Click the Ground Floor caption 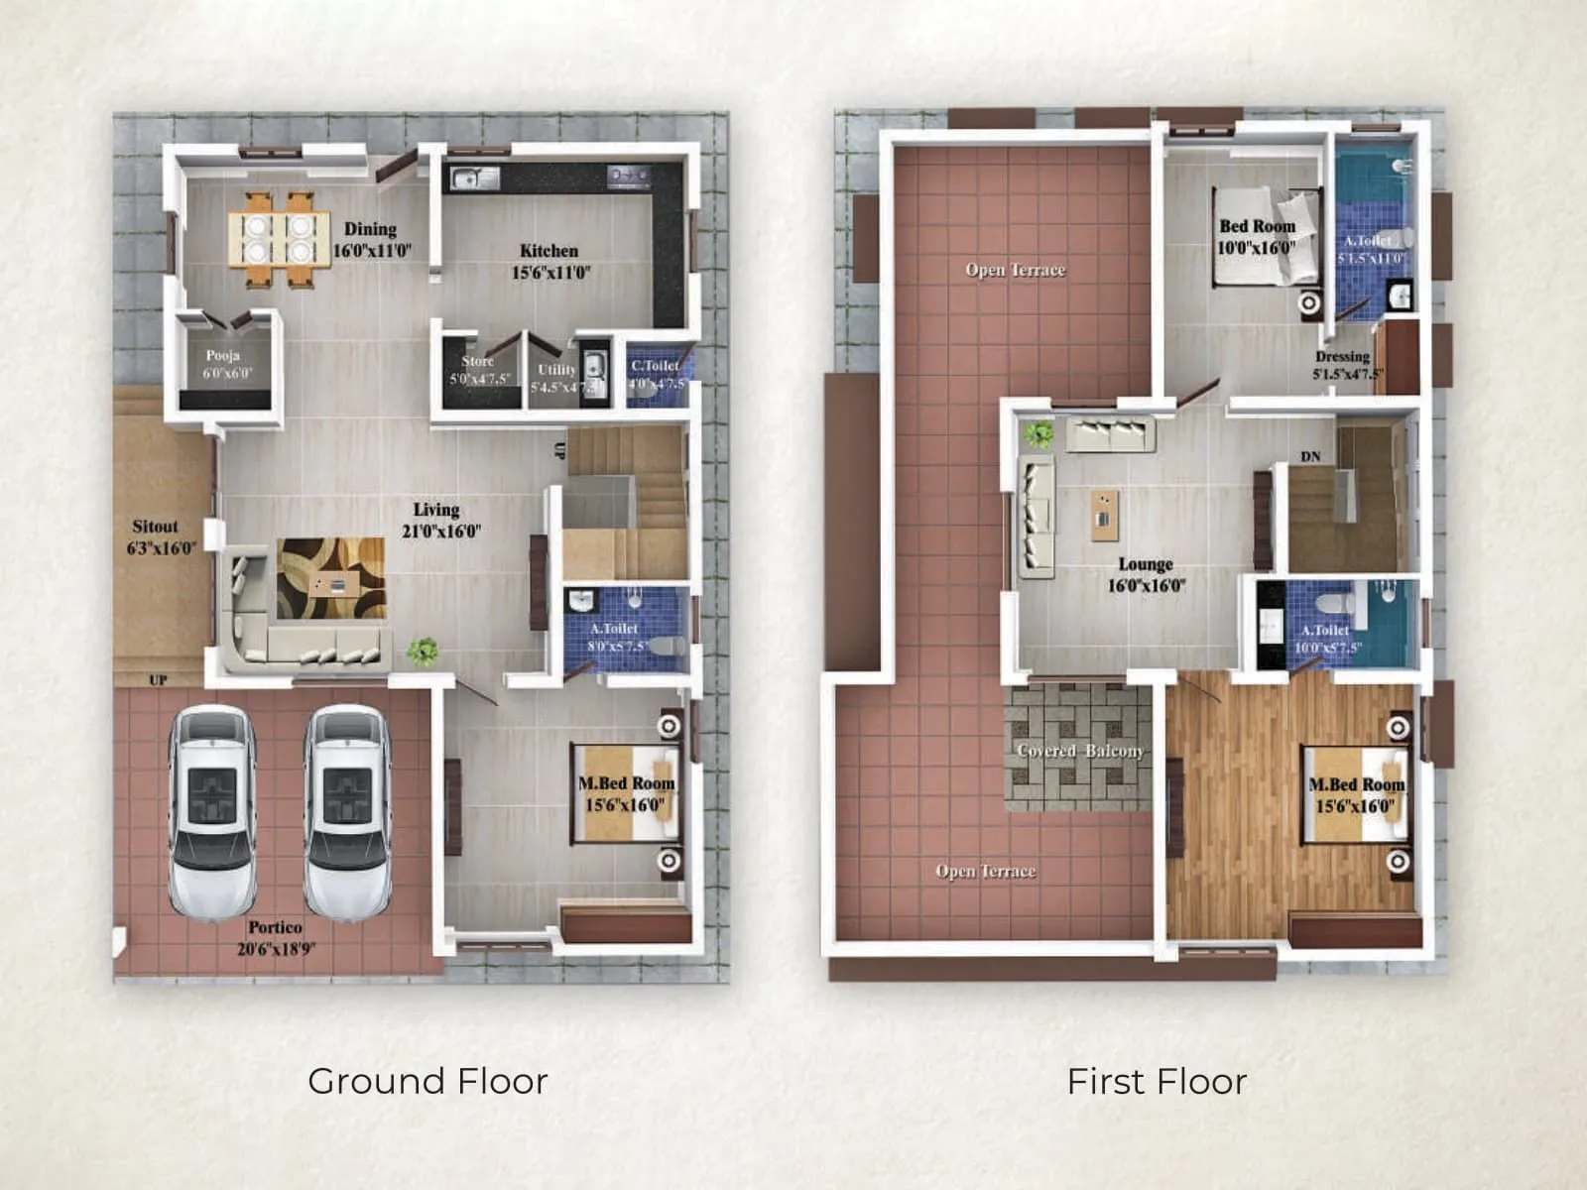click(x=427, y=1081)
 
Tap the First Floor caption click(x=1157, y=1081)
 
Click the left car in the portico click(x=212, y=811)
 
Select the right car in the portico click(x=347, y=811)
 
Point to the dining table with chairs click(x=279, y=239)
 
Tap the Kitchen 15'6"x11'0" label click(x=549, y=261)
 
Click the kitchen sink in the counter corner click(x=474, y=178)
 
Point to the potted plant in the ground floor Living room click(x=423, y=651)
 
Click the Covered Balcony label click(x=1080, y=751)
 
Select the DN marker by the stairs click(x=1310, y=456)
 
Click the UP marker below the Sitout click(x=158, y=680)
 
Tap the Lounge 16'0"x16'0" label click(x=1146, y=574)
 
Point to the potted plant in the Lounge click(x=1039, y=433)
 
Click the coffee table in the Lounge click(x=1104, y=515)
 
